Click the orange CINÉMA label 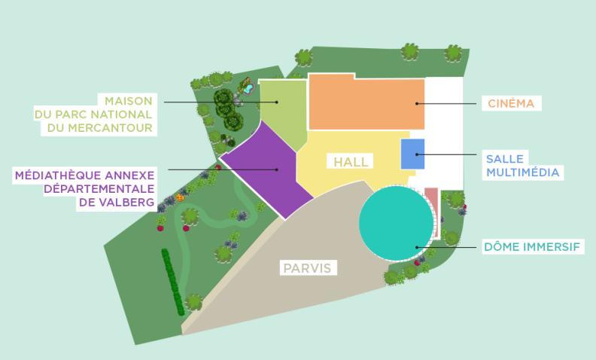[511, 103]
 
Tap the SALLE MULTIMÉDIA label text [523, 165]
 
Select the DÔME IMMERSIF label [534, 246]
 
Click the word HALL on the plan [351, 162]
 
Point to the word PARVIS [306, 267]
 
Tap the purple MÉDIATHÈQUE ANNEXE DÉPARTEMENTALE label [85, 188]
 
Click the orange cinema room [365, 102]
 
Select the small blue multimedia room [412, 154]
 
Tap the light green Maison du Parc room [284, 113]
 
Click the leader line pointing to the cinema [448, 103]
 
